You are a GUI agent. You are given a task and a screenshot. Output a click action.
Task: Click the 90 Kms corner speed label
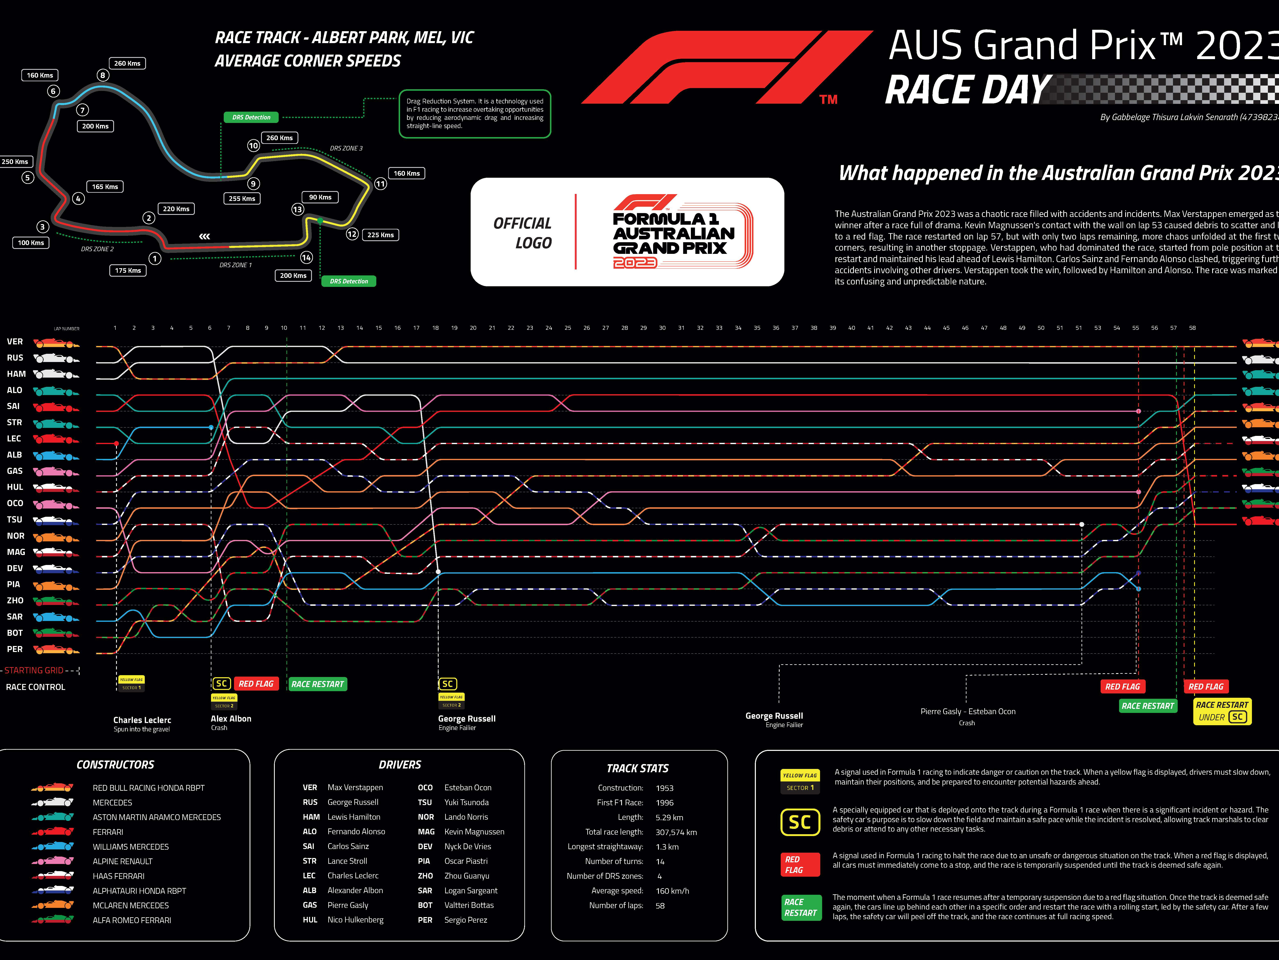[320, 197]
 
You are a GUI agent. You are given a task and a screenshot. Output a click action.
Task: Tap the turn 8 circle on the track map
[102, 75]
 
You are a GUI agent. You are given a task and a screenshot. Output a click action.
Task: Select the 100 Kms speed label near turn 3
[31, 242]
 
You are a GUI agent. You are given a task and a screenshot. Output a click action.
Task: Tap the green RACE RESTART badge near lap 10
[317, 684]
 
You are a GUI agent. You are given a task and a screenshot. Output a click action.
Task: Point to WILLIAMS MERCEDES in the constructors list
[131, 847]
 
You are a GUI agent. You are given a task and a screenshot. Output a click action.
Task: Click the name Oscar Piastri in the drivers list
[466, 861]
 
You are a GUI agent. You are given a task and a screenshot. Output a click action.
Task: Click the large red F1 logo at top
[723, 68]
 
